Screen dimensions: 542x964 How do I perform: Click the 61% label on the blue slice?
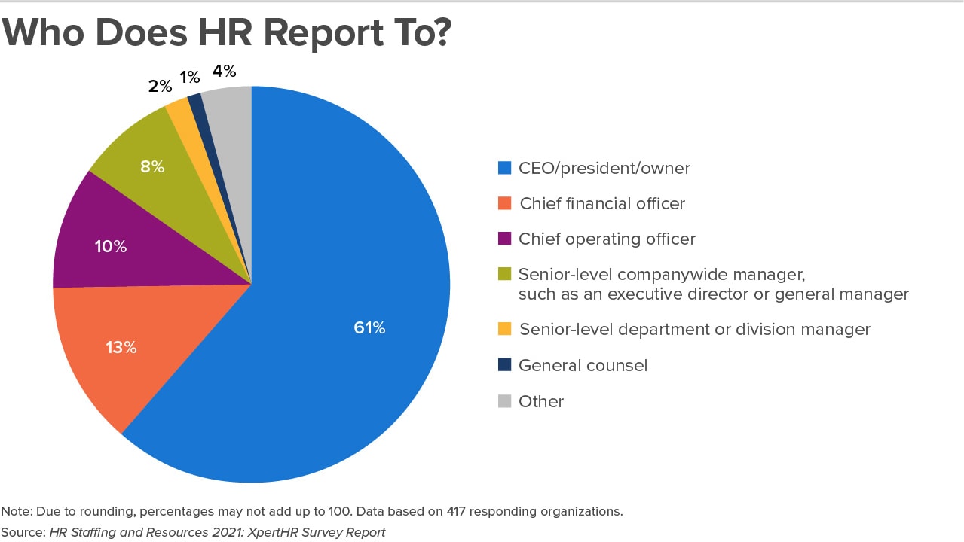click(369, 328)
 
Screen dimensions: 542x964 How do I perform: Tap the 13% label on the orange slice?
click(121, 347)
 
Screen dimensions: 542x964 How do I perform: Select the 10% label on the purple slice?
click(110, 246)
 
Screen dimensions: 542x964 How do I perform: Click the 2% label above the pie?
click(160, 86)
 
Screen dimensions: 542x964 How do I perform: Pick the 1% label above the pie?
click(189, 77)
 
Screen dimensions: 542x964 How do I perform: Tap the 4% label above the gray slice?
click(224, 72)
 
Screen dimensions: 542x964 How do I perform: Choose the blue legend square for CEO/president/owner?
click(504, 168)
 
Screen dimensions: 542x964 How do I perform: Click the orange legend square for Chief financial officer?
click(504, 203)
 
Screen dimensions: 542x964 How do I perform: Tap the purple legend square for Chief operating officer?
click(504, 239)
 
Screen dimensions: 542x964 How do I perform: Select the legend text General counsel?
click(583, 366)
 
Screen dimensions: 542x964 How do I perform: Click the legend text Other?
click(540, 401)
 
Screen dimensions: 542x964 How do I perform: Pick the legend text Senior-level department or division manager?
click(694, 330)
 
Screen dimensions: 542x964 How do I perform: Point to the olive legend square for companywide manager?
click(504, 274)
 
